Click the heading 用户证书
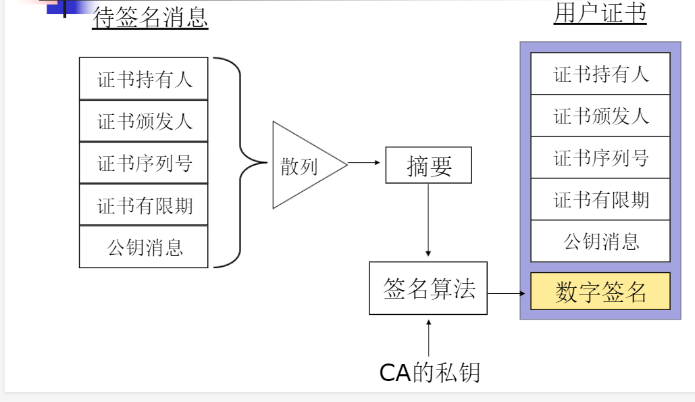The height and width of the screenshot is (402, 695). (x=600, y=14)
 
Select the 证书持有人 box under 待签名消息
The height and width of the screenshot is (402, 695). (x=143, y=79)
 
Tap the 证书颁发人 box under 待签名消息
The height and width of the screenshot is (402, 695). (x=143, y=121)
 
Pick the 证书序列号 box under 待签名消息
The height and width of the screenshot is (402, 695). (x=143, y=163)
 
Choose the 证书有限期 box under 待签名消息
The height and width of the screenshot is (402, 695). (x=143, y=205)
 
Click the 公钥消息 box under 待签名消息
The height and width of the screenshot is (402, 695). (x=143, y=247)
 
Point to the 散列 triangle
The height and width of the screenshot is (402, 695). (x=301, y=165)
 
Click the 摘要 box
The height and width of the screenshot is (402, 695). (x=428, y=166)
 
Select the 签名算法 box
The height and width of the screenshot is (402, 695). (x=428, y=288)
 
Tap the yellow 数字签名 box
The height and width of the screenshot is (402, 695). (x=600, y=291)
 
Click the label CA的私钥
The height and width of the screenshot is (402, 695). (x=430, y=372)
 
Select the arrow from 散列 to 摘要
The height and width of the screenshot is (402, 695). (x=365, y=163)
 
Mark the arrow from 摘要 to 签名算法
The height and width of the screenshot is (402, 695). (x=428, y=220)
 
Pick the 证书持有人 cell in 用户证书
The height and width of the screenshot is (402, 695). (x=600, y=74)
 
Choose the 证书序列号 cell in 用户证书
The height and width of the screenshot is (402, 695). (x=600, y=158)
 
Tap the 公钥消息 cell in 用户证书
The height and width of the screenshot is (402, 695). (x=600, y=241)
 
